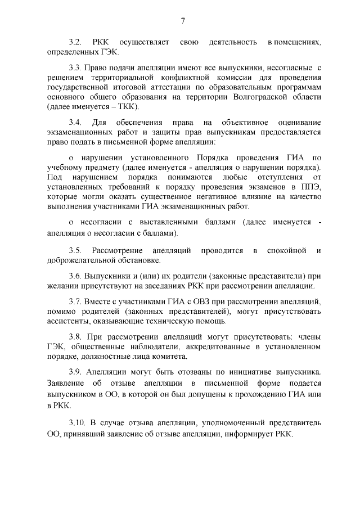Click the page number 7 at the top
182,21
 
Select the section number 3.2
75,42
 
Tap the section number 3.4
75,122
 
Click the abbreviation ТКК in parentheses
127,106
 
